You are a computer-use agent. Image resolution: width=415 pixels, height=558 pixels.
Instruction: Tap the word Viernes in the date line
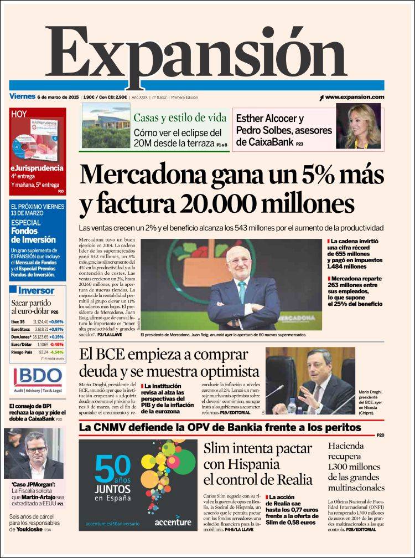(x=23, y=97)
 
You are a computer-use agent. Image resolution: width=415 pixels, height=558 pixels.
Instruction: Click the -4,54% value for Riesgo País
(x=56, y=352)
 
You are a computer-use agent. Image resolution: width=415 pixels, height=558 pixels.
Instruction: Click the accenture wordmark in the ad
(x=173, y=522)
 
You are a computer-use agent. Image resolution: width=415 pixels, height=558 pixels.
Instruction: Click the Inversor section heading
(x=37, y=290)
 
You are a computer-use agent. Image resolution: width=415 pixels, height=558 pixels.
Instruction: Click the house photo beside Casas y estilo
(x=106, y=126)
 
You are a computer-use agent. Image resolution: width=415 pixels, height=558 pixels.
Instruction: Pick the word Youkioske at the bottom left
(x=33, y=529)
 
